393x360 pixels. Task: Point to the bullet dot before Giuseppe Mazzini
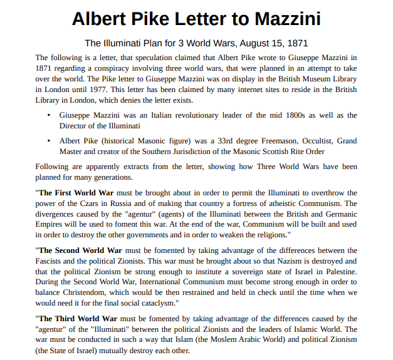click(x=49, y=116)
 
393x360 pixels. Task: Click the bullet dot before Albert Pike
click(x=49, y=141)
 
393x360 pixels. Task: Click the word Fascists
click(x=51, y=260)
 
